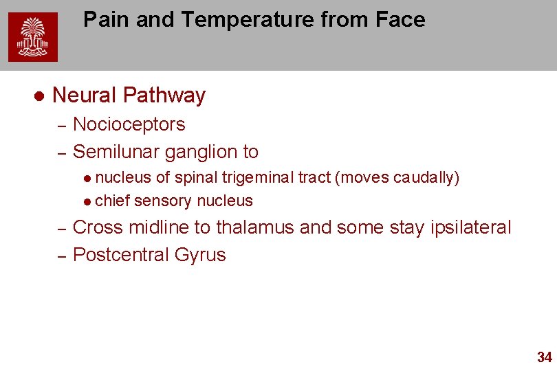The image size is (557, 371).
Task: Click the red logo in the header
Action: [33, 37]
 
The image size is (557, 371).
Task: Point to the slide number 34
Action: [544, 357]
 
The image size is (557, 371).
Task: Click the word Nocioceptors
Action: [129, 124]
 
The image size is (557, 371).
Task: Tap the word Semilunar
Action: [116, 151]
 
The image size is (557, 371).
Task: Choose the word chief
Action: [113, 201]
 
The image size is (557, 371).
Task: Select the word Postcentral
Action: [121, 255]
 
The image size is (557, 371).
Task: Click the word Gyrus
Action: [200, 255]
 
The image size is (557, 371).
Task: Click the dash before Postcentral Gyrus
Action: [61, 256]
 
